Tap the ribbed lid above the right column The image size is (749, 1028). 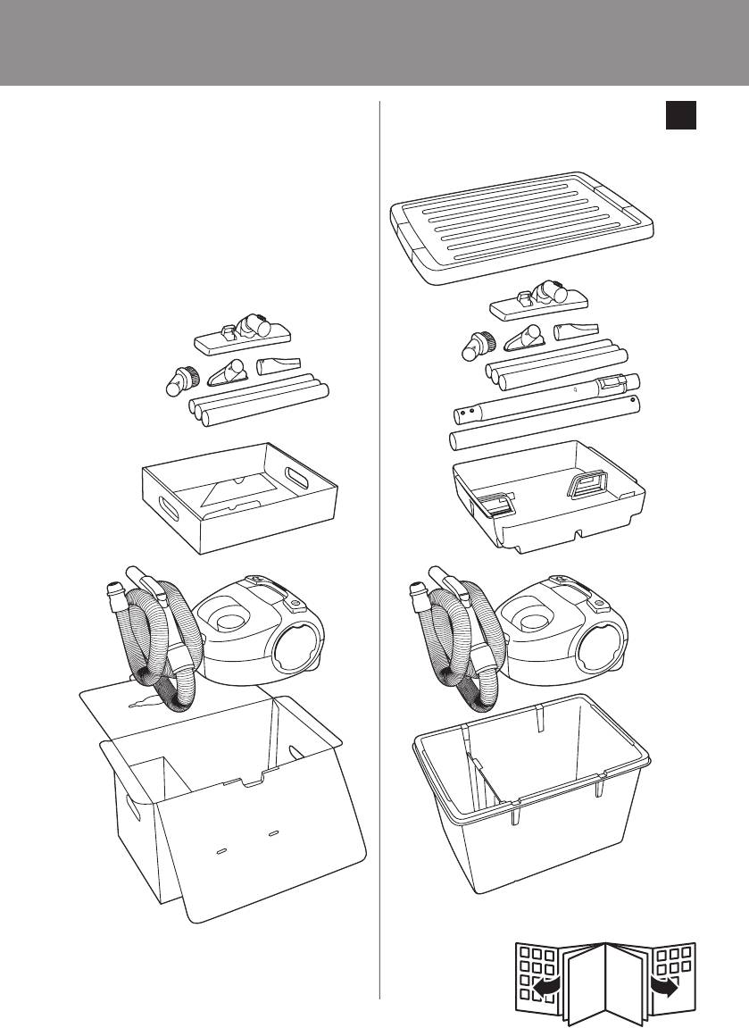[527, 233]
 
